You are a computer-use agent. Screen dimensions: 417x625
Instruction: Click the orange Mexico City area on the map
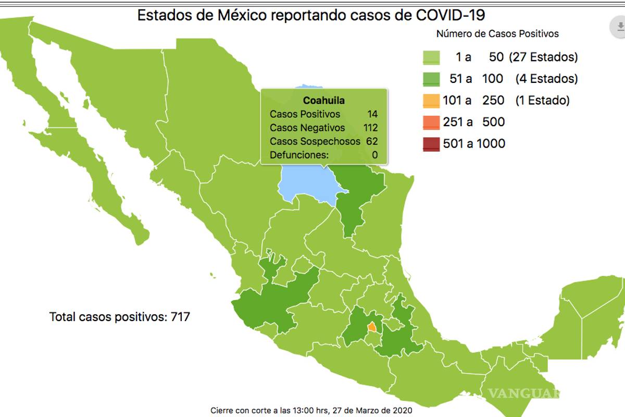coord(372,327)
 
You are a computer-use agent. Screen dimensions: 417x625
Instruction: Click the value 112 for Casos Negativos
coord(370,128)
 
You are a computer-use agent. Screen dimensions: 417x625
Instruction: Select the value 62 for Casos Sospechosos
coord(372,141)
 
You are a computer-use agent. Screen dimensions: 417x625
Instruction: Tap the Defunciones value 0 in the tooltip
coord(374,155)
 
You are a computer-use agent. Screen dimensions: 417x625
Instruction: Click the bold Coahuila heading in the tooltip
coord(323,101)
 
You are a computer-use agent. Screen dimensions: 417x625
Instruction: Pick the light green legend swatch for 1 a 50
coord(431,57)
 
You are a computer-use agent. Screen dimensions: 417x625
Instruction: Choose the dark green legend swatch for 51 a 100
coord(431,79)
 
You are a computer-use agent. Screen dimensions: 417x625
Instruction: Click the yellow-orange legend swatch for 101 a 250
coord(431,101)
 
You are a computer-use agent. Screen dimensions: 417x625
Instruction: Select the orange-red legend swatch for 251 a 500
coord(431,122)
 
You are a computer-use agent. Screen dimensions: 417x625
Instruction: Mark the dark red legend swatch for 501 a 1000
coord(431,144)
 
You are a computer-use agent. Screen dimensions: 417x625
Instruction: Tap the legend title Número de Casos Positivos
coord(497,34)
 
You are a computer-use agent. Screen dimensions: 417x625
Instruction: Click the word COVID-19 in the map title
coord(455,15)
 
